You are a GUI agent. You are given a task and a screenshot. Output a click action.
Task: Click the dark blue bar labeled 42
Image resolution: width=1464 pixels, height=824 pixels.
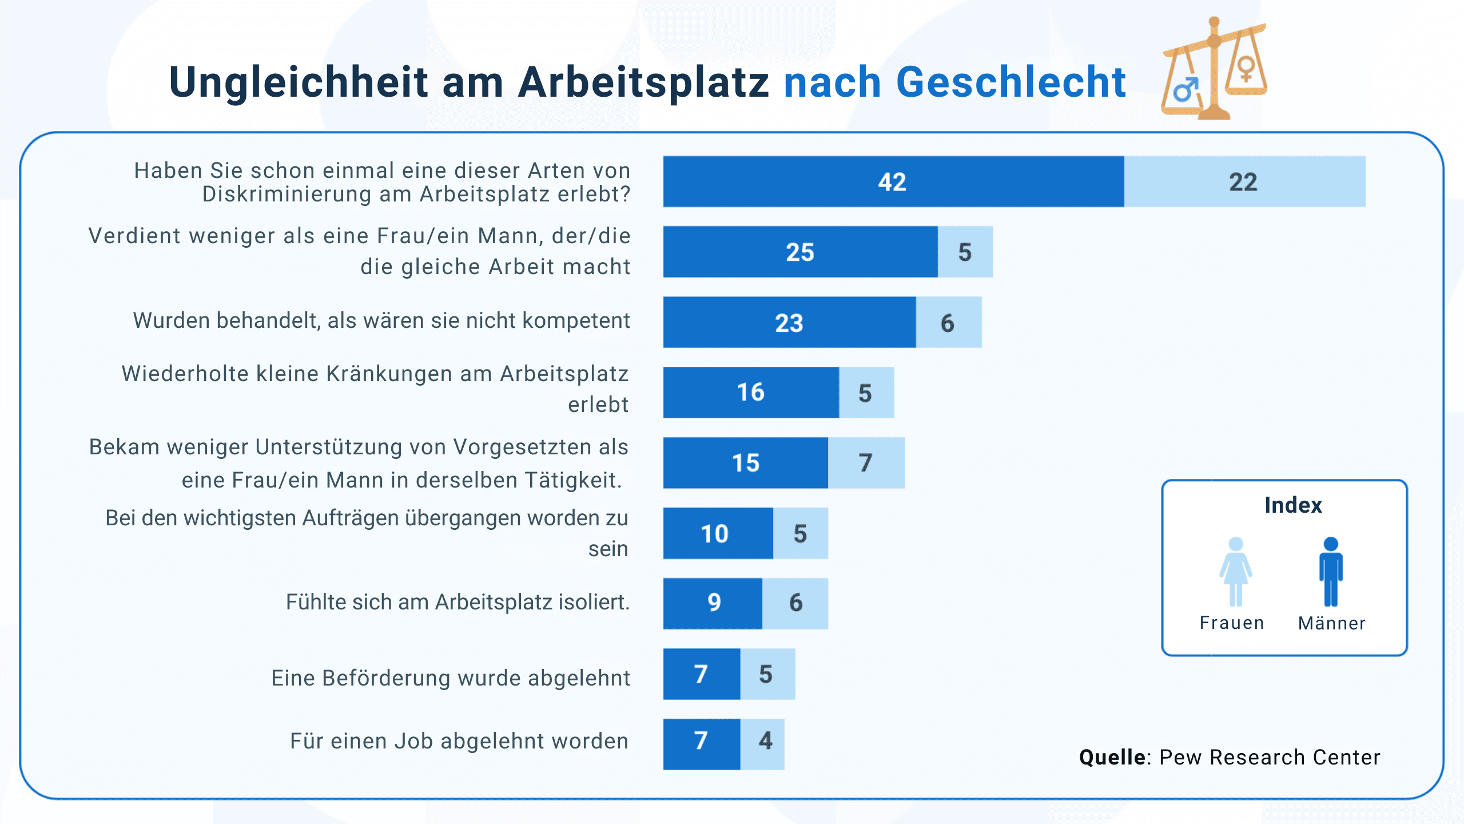click(893, 181)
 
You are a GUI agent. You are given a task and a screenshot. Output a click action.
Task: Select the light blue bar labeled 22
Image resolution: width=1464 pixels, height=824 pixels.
click(1244, 181)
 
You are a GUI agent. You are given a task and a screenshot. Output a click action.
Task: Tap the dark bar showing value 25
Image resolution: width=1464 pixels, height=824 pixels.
click(799, 252)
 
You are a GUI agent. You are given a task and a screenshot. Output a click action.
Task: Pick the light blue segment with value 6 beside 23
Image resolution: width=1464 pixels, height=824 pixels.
click(948, 322)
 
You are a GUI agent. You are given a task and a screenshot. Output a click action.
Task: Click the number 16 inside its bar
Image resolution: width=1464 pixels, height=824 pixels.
click(750, 393)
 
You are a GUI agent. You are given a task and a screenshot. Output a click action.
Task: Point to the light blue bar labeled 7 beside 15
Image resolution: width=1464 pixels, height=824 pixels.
click(866, 463)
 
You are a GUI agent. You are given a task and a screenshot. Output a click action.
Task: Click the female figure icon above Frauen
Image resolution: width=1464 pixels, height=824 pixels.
click(1236, 571)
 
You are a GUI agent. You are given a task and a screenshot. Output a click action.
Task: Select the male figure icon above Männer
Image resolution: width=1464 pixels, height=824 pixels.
click(1331, 571)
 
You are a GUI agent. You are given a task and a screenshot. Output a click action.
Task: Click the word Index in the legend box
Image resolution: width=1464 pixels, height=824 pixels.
click(1293, 505)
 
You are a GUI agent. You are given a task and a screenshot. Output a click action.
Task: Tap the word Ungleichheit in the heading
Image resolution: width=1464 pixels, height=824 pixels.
click(298, 82)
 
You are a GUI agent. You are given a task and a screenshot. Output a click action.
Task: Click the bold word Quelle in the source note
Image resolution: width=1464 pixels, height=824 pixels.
click(1112, 757)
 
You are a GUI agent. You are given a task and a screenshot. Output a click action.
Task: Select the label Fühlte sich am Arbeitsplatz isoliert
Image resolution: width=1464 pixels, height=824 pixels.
click(457, 603)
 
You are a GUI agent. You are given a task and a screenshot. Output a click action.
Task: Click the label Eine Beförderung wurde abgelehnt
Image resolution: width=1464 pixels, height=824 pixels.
click(451, 678)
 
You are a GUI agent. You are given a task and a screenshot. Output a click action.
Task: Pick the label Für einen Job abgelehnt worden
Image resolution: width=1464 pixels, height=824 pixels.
click(459, 741)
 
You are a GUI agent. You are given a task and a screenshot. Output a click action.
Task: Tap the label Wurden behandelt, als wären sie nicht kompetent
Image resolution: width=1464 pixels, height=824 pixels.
click(381, 321)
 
